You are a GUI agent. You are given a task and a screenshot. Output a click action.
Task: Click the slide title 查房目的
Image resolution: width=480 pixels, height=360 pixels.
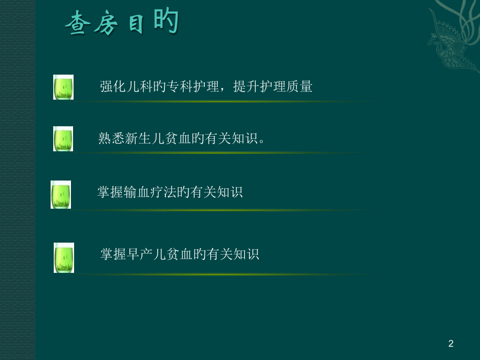coord(122,23)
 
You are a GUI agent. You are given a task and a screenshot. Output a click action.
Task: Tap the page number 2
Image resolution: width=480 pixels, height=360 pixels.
coord(451,343)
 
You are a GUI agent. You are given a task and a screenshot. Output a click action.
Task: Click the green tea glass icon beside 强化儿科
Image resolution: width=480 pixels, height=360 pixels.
coord(63,87)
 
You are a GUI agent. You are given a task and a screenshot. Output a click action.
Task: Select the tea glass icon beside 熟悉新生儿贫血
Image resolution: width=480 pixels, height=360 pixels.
coord(63,139)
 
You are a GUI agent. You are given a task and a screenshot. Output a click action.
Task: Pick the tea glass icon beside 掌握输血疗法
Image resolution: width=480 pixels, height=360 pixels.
coord(61,194)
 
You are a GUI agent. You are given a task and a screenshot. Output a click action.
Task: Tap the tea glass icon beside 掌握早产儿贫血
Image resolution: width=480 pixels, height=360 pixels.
coord(64,258)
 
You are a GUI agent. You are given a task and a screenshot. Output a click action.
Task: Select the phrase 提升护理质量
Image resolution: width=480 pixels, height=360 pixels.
coord(272,87)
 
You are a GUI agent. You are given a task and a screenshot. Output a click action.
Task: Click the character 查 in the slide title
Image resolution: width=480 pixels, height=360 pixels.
coord(77,25)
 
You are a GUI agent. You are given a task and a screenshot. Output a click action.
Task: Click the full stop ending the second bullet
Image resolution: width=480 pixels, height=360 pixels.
coord(262,141)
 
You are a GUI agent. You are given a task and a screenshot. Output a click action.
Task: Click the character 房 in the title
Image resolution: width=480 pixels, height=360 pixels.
coord(106,25)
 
